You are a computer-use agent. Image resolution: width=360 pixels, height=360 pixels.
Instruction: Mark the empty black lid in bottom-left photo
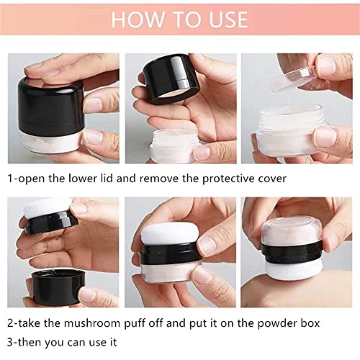[x=54, y=285]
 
